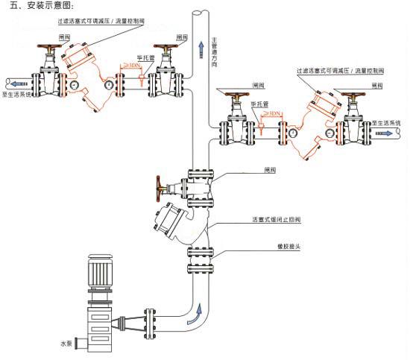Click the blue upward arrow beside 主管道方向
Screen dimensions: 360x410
point(201,51)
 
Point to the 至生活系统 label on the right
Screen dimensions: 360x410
point(385,122)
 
